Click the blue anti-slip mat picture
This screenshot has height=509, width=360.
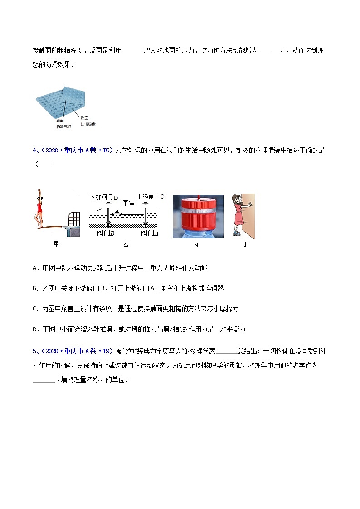coord(60,104)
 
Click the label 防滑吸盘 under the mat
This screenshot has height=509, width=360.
coord(88,124)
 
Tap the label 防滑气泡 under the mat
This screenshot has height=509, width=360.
coord(63,126)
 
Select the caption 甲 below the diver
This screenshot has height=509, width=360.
coord(56,244)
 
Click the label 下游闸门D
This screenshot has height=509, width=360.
coord(104,198)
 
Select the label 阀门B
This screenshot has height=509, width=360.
coord(106,233)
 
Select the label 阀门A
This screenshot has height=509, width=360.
coord(149,233)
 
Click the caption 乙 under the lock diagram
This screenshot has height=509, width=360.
coord(126,244)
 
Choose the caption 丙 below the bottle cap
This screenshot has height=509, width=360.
coord(195,244)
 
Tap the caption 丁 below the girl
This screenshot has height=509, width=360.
coord(245,244)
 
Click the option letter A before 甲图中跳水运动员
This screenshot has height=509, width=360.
coord(35,268)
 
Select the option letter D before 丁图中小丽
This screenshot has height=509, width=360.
coord(35,329)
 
